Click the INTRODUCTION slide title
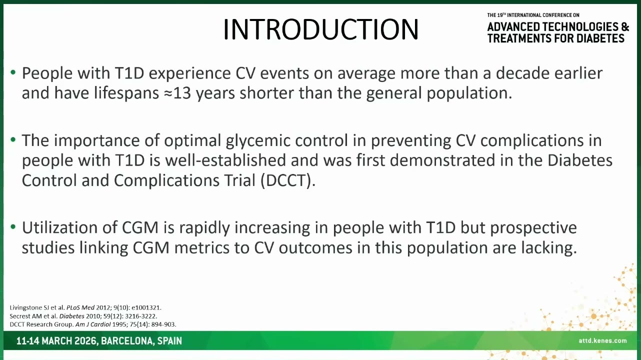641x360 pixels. click(321, 29)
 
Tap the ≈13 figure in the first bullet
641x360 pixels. click(177, 93)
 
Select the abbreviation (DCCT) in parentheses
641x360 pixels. click(288, 180)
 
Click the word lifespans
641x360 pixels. click(126, 93)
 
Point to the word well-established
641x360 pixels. click(225, 160)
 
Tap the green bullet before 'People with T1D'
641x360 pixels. click(13, 72)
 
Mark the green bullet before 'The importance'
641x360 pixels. click(13, 139)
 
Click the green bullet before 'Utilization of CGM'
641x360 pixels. click(13, 227)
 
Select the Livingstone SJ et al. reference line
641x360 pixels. click(85, 307)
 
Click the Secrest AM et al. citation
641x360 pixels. click(83, 316)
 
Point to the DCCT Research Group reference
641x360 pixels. click(93, 324)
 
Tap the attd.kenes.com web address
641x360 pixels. click(602, 340)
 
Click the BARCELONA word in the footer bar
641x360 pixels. click(127, 341)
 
